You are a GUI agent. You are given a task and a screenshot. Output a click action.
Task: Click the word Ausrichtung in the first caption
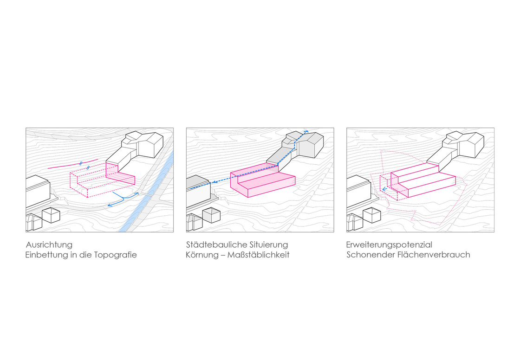coord(49,244)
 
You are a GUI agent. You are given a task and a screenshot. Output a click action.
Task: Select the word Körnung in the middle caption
coord(202,255)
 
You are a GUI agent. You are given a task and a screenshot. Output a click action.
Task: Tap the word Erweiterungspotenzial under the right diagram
coord(389,244)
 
